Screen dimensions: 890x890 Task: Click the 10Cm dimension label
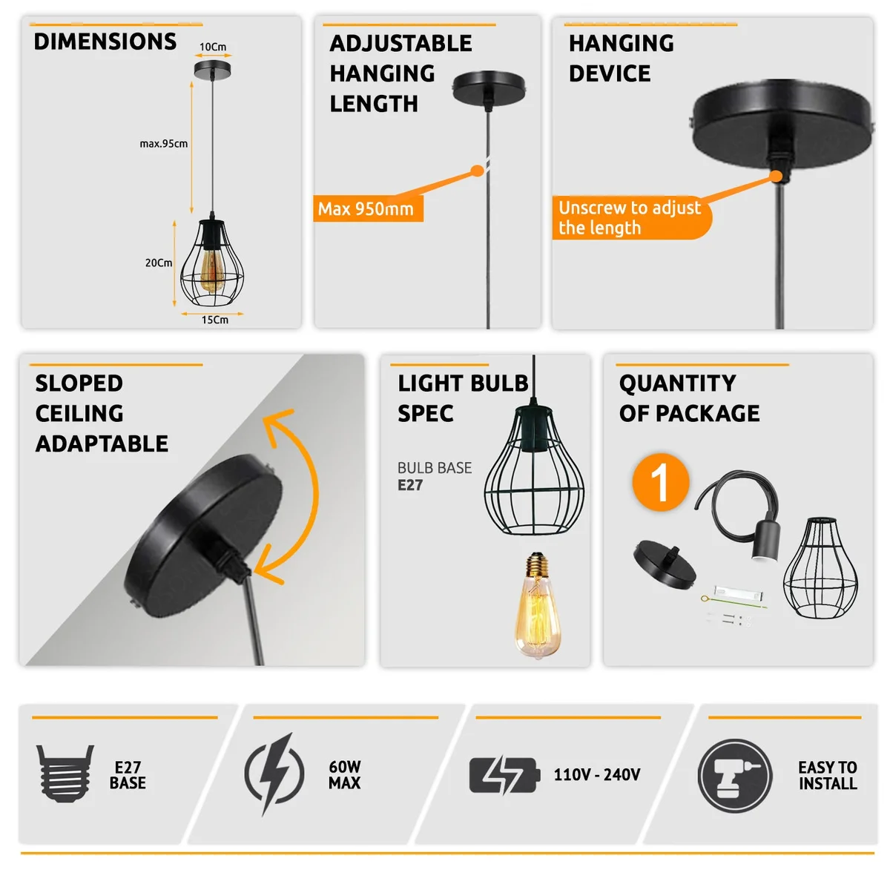click(x=213, y=47)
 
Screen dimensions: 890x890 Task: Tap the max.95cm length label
click(x=163, y=144)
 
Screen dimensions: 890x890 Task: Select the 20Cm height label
click(x=159, y=263)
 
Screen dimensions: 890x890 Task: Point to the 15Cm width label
click(x=215, y=320)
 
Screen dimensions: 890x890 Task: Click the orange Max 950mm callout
click(x=367, y=209)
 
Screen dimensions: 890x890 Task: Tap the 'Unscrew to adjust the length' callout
click(x=630, y=217)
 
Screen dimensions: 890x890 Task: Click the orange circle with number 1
click(x=660, y=482)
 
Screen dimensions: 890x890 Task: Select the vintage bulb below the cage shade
click(x=537, y=607)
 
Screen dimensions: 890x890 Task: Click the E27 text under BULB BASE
click(x=410, y=485)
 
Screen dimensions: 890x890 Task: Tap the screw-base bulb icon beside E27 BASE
click(x=65, y=773)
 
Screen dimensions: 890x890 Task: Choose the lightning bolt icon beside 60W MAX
click(x=274, y=773)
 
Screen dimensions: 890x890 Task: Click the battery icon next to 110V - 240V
click(x=504, y=775)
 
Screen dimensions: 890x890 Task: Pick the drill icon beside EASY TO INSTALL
click(x=734, y=776)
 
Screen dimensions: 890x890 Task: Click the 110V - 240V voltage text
click(x=597, y=775)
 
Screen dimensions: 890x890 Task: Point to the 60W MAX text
click(x=345, y=775)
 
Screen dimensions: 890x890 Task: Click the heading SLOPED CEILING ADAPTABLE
click(x=102, y=413)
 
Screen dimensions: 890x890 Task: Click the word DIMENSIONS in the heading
click(x=105, y=42)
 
